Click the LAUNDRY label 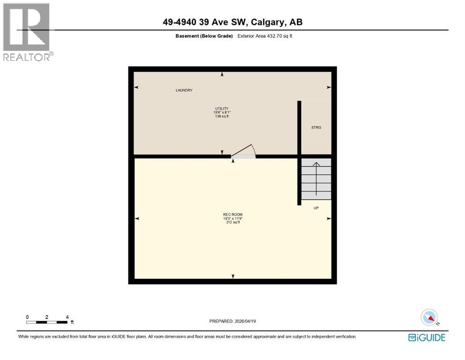pos(184,90)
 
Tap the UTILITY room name pos(222,108)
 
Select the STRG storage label pos(316,127)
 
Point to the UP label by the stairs pos(316,208)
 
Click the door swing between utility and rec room pos(244,152)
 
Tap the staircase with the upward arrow pos(316,179)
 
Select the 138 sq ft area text pos(222,116)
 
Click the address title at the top pos(232,22)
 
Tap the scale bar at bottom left pos(47,322)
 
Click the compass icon pos(429,317)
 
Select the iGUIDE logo pos(427,337)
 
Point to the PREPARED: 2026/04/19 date pos(233,321)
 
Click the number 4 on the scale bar pos(67,317)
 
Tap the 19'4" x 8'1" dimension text pos(222,112)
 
